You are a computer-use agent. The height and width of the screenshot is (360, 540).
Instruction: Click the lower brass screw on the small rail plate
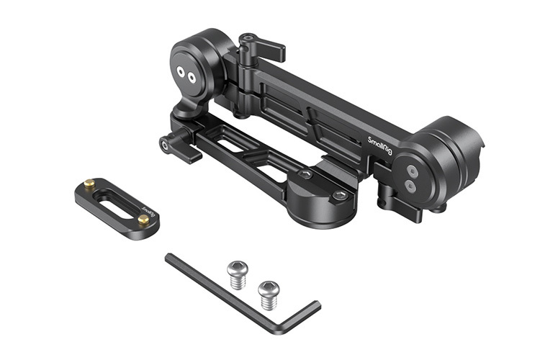[x=143, y=220]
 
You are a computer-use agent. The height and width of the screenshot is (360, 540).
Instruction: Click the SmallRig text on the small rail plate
[x=147, y=212]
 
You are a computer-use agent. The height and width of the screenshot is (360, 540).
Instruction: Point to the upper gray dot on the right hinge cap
[x=410, y=171]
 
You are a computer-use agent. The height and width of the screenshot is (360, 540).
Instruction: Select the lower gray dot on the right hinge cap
[x=410, y=185]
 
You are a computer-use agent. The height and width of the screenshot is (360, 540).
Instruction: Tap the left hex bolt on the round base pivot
[x=305, y=174]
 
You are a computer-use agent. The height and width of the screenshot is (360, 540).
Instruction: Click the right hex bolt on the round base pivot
[x=339, y=195]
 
